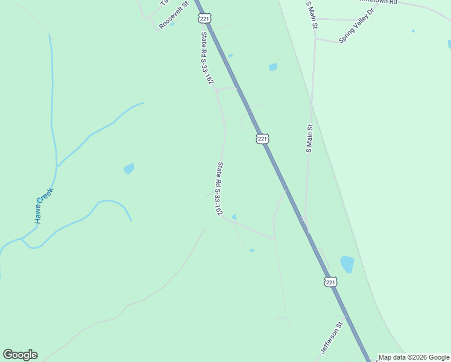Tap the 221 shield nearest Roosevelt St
[205, 19]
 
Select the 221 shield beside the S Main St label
[262, 139]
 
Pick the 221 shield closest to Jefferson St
[330, 282]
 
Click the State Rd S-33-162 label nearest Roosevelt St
[207, 59]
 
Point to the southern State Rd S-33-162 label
[220, 189]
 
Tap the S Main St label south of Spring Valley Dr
[309, 139]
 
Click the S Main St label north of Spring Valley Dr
[310, 8]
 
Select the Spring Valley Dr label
[356, 25]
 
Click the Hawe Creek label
[44, 205]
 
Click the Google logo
[20, 355]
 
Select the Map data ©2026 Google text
[414, 357]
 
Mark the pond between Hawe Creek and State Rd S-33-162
[128, 168]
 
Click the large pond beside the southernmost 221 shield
[347, 264]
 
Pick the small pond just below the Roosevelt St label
[172, 24]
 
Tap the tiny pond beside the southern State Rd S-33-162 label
[234, 217]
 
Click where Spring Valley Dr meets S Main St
[315, 39]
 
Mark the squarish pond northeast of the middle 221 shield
[273, 67]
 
